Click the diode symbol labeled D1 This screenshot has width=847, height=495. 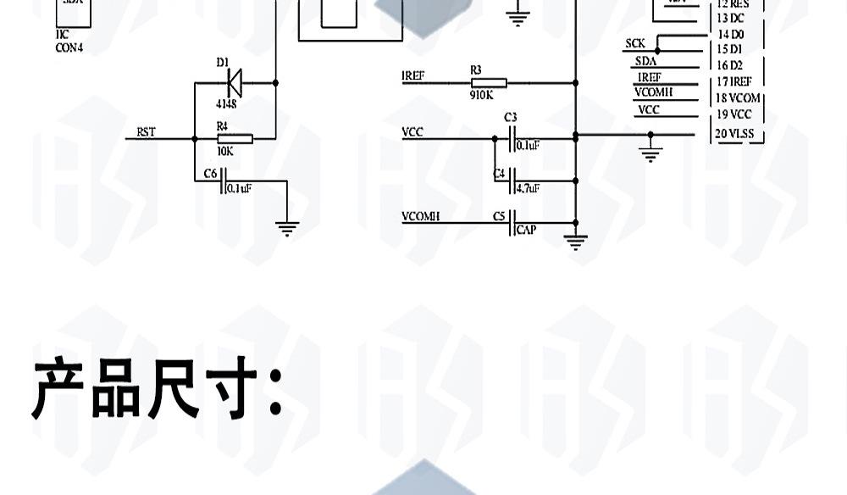[234, 82]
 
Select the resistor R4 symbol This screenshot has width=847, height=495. [235, 138]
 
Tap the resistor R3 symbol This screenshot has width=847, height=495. [489, 82]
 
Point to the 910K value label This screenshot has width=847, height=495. [481, 96]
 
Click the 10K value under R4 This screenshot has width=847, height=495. [225, 152]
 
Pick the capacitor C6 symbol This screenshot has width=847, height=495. [223, 181]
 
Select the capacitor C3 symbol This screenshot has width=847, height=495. [512, 138]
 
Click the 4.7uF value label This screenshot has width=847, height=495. [528, 188]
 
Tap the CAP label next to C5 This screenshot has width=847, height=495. [526, 230]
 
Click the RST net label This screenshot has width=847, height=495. [146, 132]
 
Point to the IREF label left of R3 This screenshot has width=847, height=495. [413, 76]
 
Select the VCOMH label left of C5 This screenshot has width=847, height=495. [420, 217]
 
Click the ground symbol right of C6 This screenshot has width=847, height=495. [287, 227]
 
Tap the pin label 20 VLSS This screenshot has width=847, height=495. [734, 134]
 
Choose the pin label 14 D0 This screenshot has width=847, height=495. [730, 35]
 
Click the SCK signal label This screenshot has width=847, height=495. [635, 43]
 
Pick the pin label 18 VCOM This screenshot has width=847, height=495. [738, 98]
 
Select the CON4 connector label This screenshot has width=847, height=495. [69, 47]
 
